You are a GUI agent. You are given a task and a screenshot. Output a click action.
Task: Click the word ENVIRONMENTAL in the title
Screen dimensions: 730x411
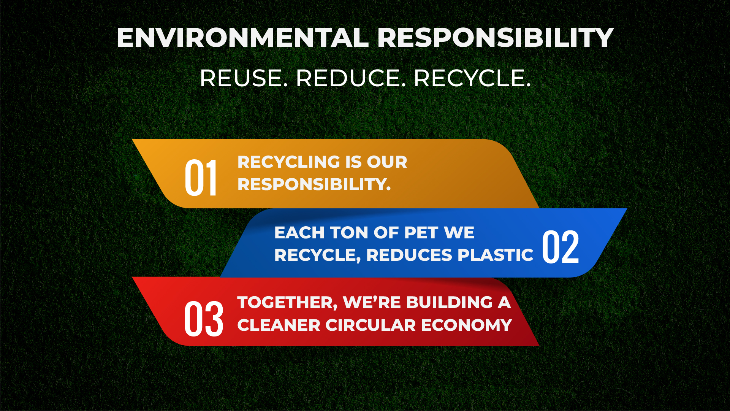242,38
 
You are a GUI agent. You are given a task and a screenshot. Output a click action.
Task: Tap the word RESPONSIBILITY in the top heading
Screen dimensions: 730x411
495,38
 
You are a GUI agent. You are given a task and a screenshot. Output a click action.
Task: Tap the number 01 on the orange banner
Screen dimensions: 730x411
201,178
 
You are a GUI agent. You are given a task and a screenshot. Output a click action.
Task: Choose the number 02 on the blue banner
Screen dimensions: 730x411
561,247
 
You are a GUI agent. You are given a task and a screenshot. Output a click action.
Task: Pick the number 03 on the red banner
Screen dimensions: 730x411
204,319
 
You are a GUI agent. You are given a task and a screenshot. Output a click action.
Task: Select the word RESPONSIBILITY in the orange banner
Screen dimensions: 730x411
314,184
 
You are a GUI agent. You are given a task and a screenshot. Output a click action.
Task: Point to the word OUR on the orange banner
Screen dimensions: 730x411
387,162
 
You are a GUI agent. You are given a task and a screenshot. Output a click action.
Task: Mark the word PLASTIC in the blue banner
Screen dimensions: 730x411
496,255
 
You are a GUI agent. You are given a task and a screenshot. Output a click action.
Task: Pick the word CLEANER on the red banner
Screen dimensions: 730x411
279,325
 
